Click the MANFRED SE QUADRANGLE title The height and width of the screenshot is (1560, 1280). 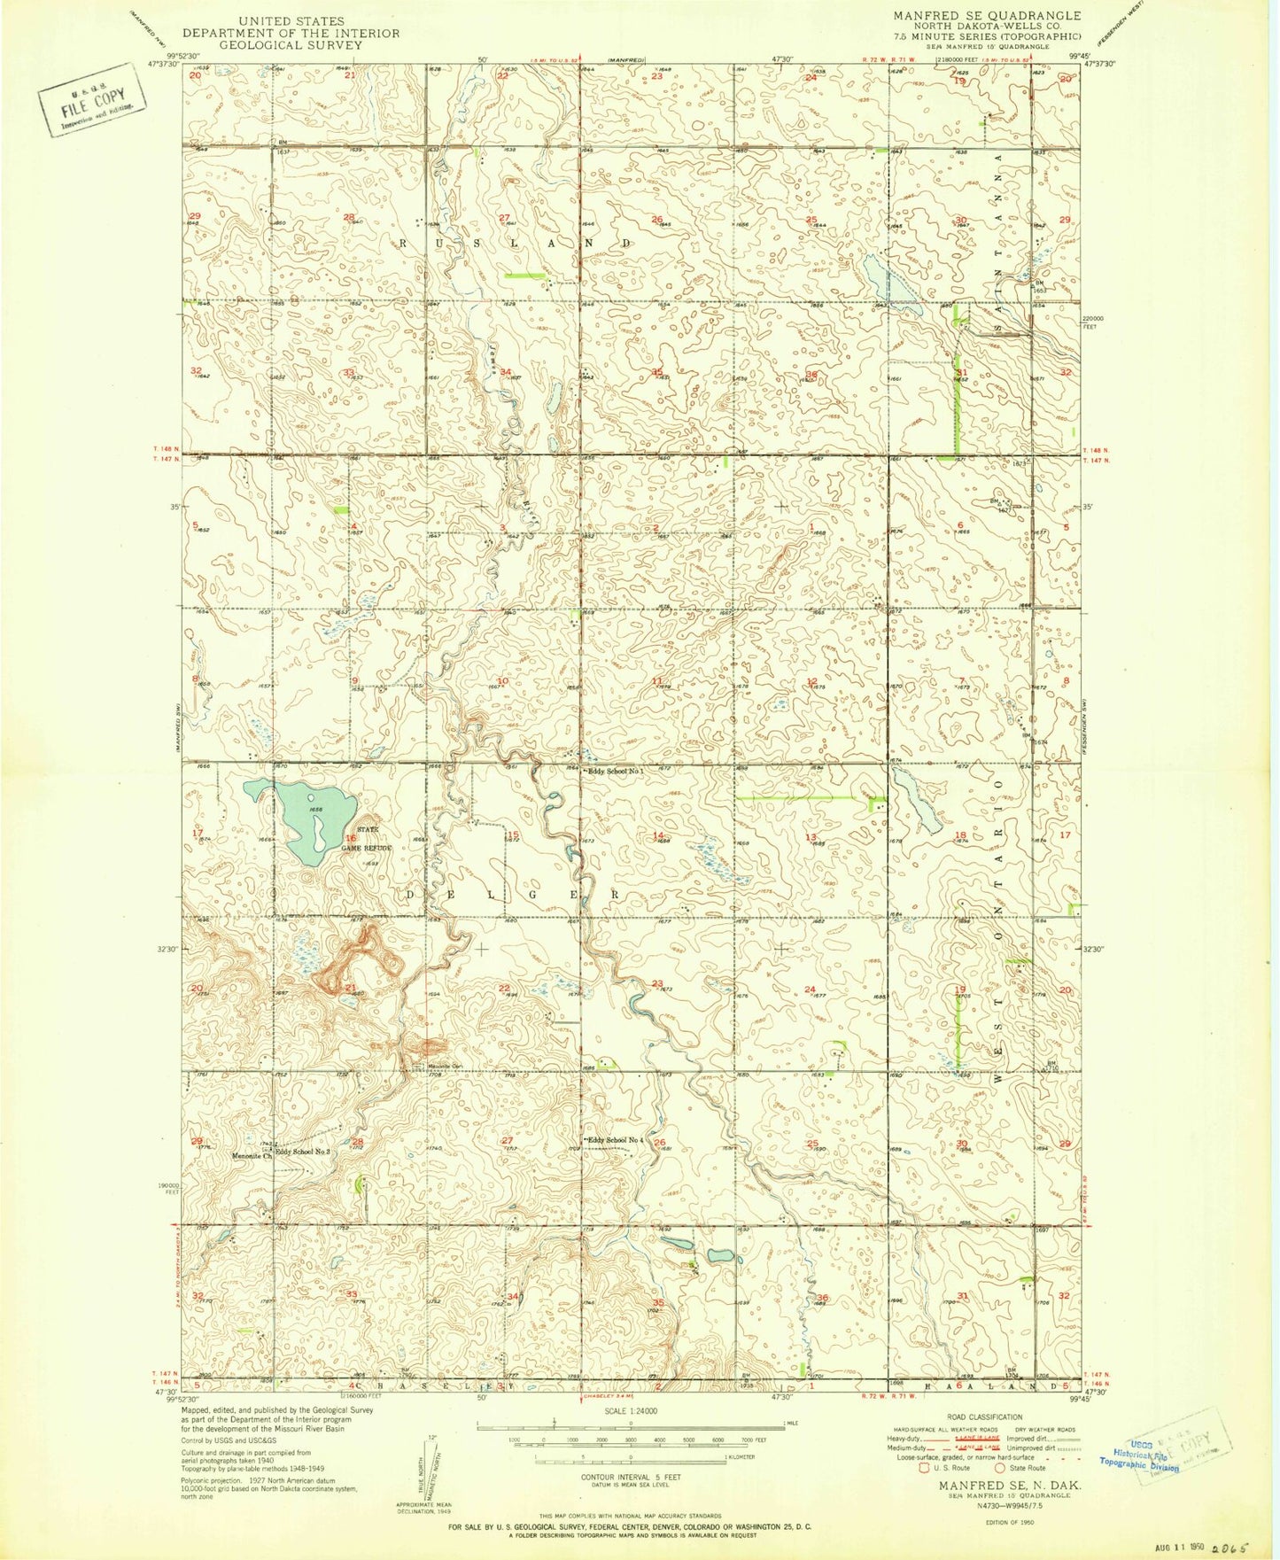[987, 16]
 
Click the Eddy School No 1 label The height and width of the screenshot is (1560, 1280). [617, 772]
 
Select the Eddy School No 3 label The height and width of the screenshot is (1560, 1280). [303, 1153]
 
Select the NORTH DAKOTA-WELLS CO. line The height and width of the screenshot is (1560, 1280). [987, 27]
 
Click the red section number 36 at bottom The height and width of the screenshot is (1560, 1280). [822, 1298]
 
